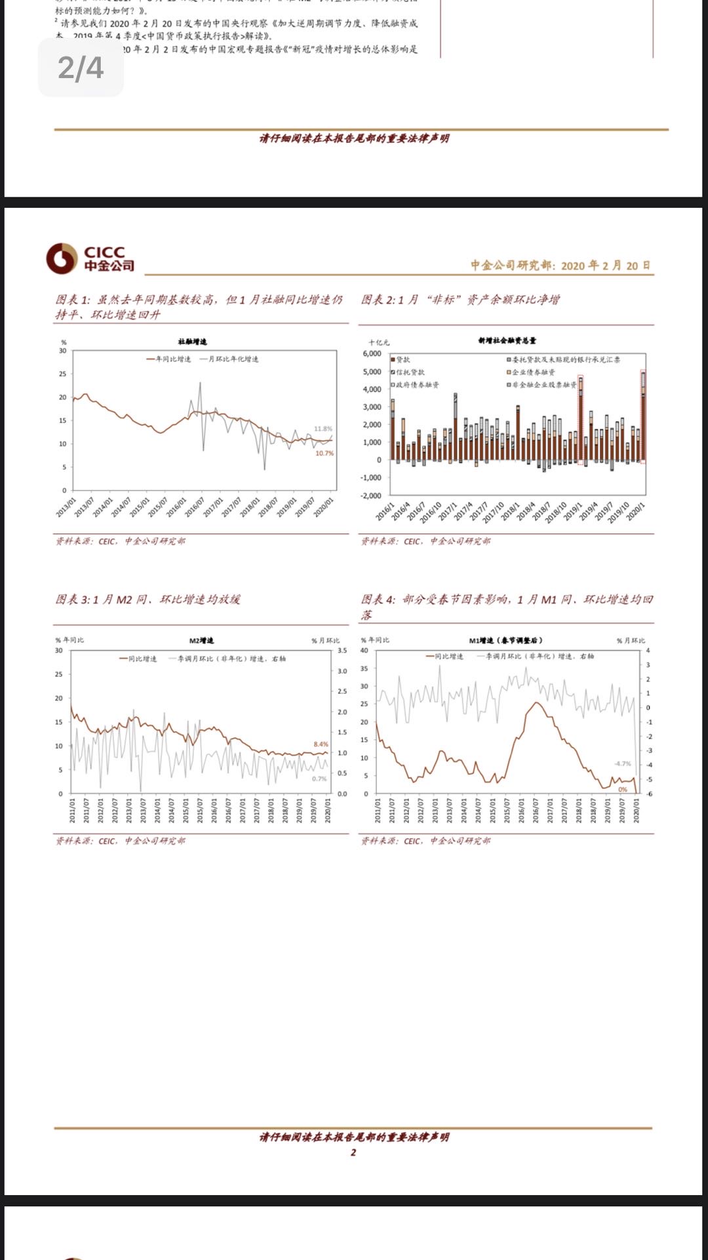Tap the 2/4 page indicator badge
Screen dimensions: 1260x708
coord(81,68)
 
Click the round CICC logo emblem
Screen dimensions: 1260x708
coord(62,258)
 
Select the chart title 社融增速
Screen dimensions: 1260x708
coord(192,342)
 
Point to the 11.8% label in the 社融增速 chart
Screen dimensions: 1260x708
coord(323,429)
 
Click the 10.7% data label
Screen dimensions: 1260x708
coord(324,453)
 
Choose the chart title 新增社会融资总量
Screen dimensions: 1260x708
coord(507,340)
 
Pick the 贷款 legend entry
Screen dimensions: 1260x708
coord(401,360)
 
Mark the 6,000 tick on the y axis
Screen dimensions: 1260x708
coord(372,354)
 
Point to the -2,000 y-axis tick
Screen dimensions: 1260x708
coord(371,496)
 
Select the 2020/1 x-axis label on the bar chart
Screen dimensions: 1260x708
coord(635,512)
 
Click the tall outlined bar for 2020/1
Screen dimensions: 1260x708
coord(643,417)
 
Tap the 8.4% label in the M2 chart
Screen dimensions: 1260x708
coord(321,744)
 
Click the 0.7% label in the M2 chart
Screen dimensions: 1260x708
coord(319,779)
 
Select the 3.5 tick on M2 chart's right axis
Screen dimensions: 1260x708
coord(342,651)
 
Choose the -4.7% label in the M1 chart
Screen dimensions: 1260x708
coord(622,763)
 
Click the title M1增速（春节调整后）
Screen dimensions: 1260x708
coord(505,640)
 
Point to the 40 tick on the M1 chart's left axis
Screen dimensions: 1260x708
coord(364,651)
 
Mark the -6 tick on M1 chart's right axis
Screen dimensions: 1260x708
coord(648,794)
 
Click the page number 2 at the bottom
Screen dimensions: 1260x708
coord(353,1152)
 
